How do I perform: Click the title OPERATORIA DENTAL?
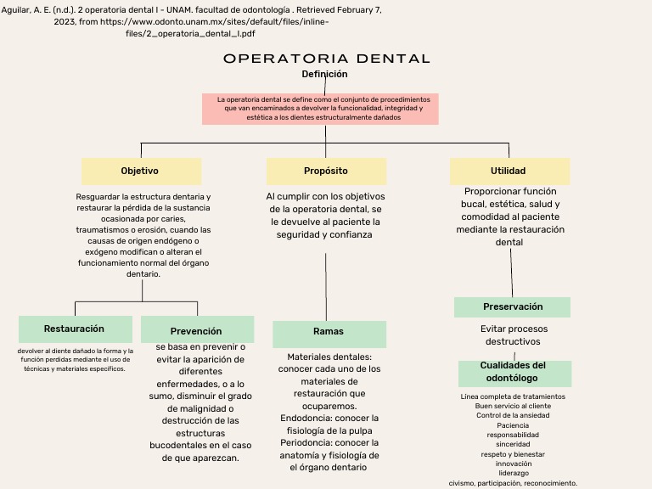tap(327, 59)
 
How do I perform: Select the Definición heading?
tap(324, 75)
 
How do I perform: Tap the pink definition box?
tap(320, 109)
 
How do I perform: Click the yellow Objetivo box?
tap(141, 171)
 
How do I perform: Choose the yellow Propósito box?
tap(326, 171)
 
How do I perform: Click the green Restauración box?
tap(75, 329)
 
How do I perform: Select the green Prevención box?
tap(197, 330)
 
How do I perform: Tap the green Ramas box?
tap(329, 332)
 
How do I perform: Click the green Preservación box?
tap(512, 306)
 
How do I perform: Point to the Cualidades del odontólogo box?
tap(514, 372)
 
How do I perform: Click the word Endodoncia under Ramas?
tap(306, 419)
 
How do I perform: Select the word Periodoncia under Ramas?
tap(306, 443)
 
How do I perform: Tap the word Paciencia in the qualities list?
tap(513, 425)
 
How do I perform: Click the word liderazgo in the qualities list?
tap(513, 473)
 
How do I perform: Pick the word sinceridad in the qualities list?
tap(513, 444)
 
